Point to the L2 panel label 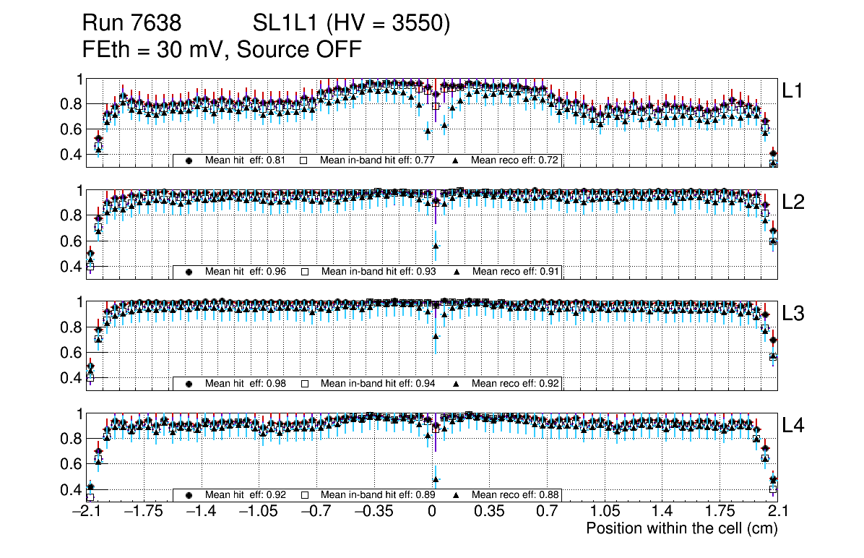point(793,202)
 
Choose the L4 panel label point(793,426)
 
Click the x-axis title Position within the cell point(681,528)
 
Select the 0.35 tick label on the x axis point(489,512)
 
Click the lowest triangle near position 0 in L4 point(436,479)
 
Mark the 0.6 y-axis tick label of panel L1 point(71,129)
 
